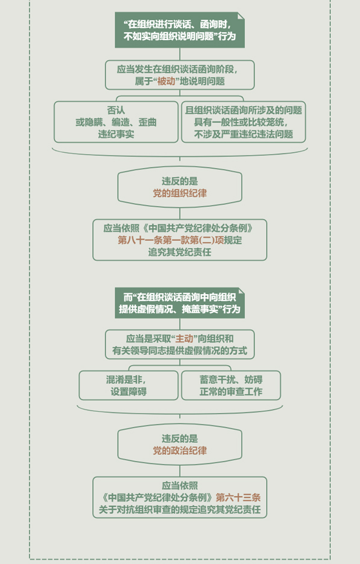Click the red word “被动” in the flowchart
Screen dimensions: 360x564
pos(166,81)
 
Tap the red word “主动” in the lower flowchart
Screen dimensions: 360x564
pos(184,338)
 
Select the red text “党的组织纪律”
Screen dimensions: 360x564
pos(180,193)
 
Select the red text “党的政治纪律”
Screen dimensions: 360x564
pos(180,451)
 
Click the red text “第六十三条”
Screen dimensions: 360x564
pos(238,497)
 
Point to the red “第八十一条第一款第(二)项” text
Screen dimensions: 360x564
pos(171,240)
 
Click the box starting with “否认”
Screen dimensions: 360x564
pos(116,122)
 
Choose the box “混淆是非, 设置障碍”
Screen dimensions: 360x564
pos(128,385)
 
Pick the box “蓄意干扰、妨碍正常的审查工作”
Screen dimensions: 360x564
pos(231,385)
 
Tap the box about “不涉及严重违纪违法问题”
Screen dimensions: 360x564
pos(244,122)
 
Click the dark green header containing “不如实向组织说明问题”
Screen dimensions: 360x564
pos(180,30)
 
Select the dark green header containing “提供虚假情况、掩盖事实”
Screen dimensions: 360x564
pos(180,303)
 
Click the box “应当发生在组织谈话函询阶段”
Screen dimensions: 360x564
pos(180,75)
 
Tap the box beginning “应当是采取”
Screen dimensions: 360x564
pos(180,344)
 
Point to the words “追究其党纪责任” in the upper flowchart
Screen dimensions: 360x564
pos(180,252)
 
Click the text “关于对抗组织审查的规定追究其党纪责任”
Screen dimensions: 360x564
pos(180,509)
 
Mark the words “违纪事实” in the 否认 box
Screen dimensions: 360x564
pos(116,134)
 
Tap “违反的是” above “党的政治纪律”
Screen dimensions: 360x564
pos(180,438)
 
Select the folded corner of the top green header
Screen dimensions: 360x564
pos(241,16)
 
